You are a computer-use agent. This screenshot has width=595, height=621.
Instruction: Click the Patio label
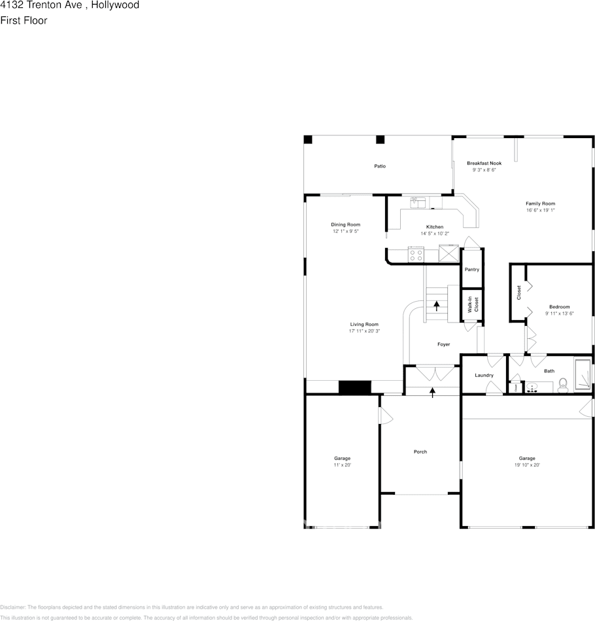(x=380, y=166)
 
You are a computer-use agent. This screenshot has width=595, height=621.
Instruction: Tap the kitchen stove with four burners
(x=416, y=255)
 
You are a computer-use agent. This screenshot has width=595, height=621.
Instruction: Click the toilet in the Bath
(x=563, y=387)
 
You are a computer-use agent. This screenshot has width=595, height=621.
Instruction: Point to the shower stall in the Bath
(x=582, y=374)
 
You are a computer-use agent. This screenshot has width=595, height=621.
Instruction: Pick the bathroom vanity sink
(x=532, y=387)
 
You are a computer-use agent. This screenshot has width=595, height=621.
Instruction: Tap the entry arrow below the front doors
(x=432, y=391)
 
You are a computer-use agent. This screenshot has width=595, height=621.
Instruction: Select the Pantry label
(x=471, y=270)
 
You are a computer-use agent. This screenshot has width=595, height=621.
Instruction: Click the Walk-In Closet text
(x=473, y=304)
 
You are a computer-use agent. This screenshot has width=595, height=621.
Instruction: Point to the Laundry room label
(x=484, y=375)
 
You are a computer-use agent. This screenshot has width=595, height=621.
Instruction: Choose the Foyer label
(x=443, y=344)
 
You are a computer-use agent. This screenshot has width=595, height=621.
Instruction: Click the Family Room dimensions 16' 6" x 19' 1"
(x=540, y=210)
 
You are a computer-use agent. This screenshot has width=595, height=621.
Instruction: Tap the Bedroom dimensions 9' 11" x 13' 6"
(x=559, y=313)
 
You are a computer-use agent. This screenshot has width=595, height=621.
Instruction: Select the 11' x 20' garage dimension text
(x=342, y=465)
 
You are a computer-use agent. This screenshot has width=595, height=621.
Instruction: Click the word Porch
(x=420, y=452)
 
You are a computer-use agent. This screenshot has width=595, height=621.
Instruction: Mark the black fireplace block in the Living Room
(x=355, y=387)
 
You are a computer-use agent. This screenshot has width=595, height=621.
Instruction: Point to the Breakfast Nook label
(x=484, y=163)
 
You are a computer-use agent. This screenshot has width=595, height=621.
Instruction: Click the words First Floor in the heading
(x=24, y=20)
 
